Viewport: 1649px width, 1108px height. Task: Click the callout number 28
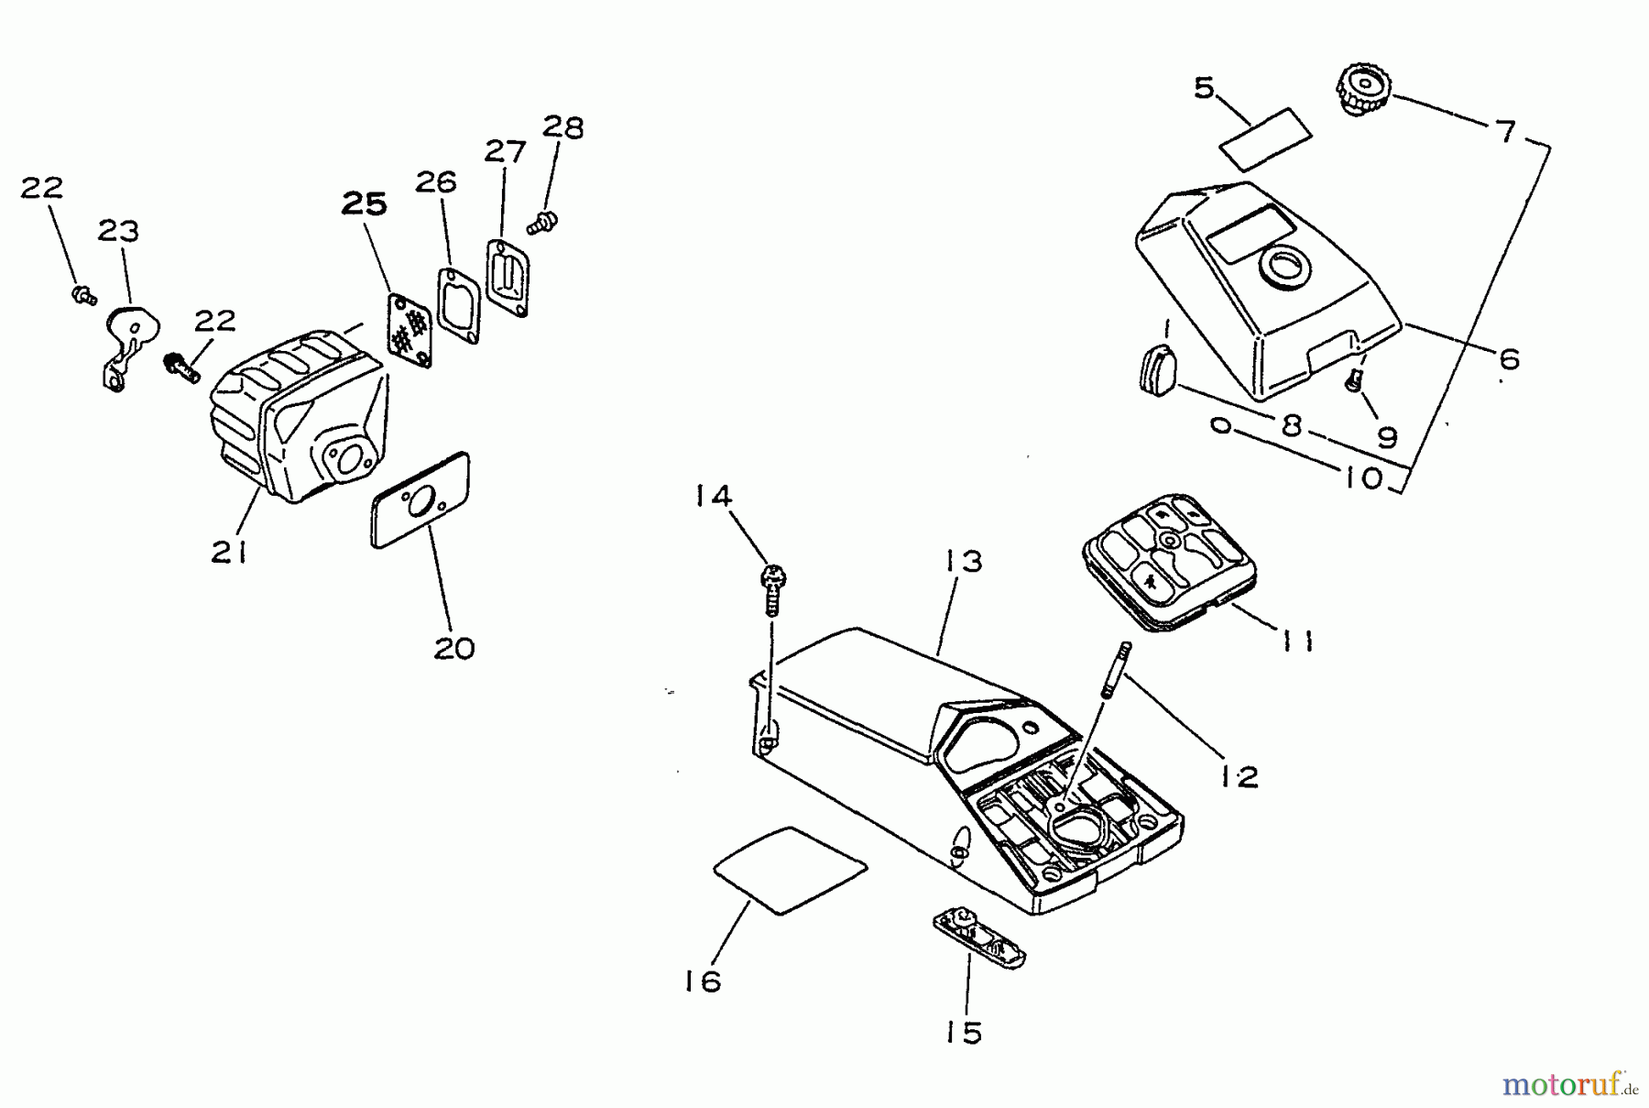pos(562,127)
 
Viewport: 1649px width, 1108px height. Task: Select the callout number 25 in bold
pos(364,203)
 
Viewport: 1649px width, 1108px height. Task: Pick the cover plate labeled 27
pos(508,277)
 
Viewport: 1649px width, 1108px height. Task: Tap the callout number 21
pos(229,552)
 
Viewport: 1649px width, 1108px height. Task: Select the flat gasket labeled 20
pos(420,500)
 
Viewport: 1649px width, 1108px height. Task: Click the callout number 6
pos(1508,358)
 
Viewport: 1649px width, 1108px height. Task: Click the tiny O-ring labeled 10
pos(1219,425)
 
